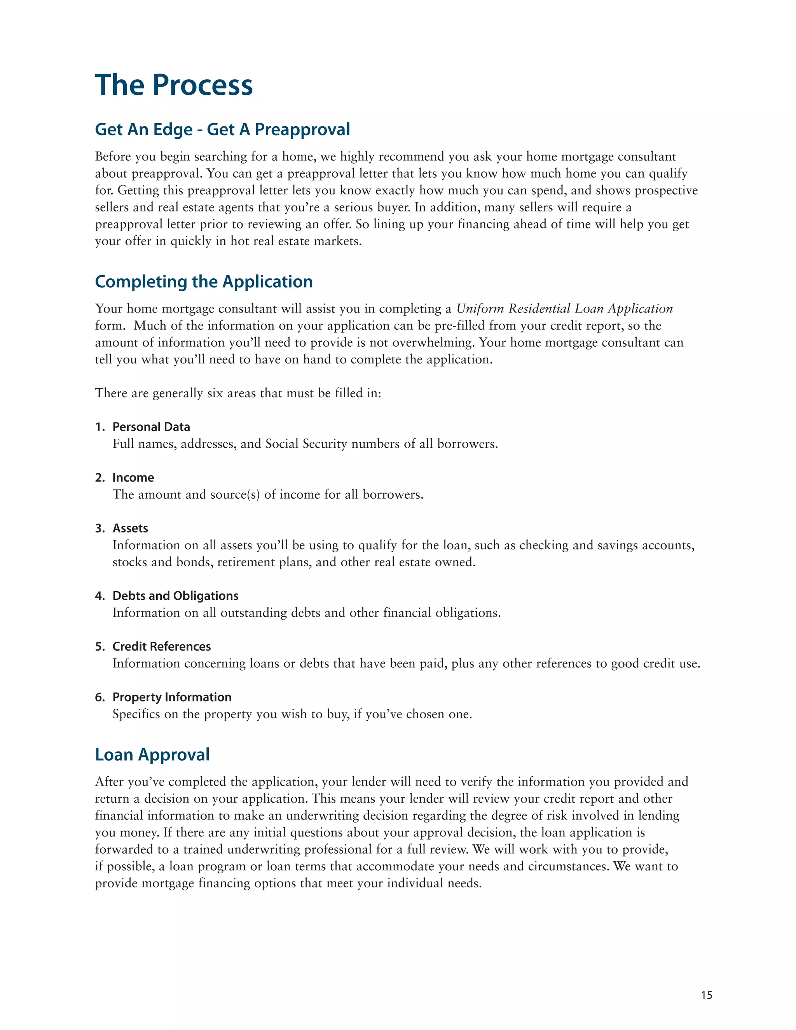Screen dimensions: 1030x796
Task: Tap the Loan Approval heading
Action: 152,754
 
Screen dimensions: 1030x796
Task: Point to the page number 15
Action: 706,995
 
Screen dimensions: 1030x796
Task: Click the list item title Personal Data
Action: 151,427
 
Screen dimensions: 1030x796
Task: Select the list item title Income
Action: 133,478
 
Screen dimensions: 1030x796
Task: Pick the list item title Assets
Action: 130,528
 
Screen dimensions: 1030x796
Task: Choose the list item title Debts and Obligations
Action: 175,595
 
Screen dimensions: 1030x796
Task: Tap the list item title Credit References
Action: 161,647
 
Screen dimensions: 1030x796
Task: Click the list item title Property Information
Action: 172,697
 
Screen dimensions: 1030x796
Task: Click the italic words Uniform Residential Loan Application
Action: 564,309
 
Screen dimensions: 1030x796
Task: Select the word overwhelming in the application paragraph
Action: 433,343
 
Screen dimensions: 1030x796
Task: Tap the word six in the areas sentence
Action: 215,393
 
